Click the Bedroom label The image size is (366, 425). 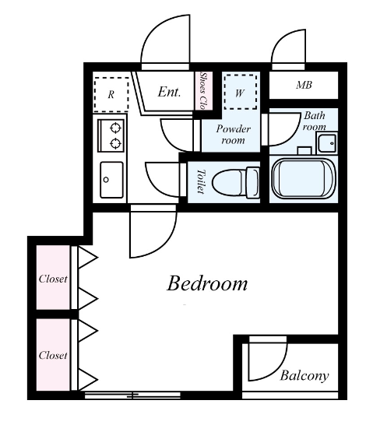(207, 284)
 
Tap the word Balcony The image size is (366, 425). (304, 376)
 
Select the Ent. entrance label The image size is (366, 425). (169, 92)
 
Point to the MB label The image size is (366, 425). (304, 85)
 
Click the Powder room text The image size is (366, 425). (233, 135)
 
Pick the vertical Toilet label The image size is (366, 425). (201, 181)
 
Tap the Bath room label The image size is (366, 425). (315, 121)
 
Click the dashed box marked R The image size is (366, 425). (111, 94)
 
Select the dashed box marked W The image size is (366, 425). (241, 92)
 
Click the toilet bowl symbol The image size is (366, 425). (235, 181)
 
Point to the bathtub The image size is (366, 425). (304, 179)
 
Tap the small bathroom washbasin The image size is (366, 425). (327, 143)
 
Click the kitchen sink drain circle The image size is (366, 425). (106, 180)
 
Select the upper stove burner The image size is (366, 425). (115, 128)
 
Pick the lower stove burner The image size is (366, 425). (115, 143)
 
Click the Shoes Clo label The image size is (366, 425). (203, 91)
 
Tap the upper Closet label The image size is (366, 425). (53, 279)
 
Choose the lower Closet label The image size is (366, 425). (53, 356)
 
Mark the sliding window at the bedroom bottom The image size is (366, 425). (132, 395)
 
